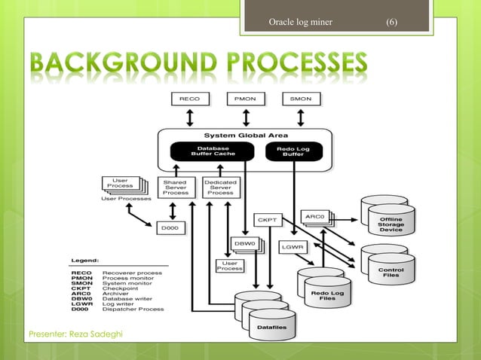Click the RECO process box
[189, 99]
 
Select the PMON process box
[245, 99]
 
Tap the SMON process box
[301, 99]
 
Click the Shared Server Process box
[175, 187]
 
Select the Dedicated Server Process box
[219, 187]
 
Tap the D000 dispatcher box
[171, 226]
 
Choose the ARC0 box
[315, 216]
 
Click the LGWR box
[293, 246]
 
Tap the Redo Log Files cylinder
[325, 293]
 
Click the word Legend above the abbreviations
[84, 260]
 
